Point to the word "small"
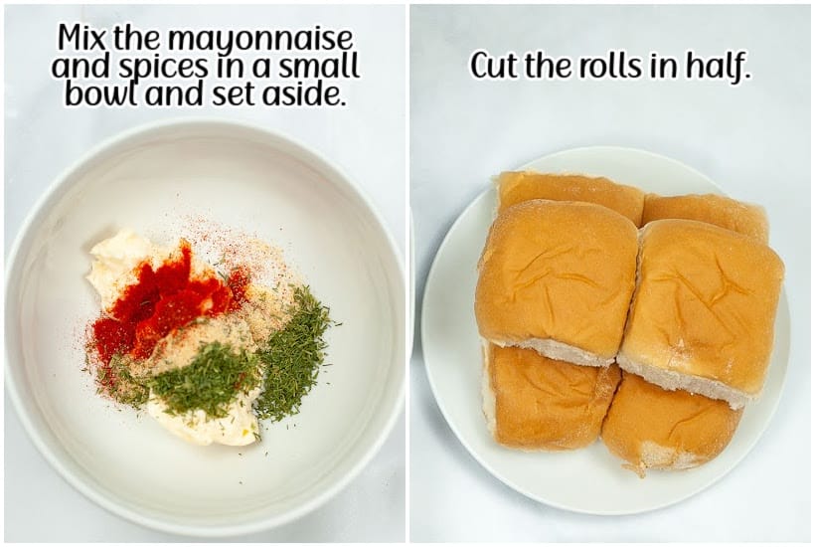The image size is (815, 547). (x=317, y=66)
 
